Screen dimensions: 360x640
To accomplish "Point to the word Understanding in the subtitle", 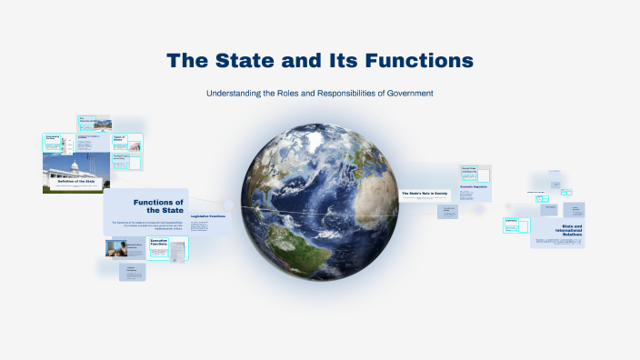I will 235,93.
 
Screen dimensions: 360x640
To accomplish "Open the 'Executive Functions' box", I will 163,244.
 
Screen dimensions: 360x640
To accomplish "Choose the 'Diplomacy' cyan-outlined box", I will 511,222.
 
